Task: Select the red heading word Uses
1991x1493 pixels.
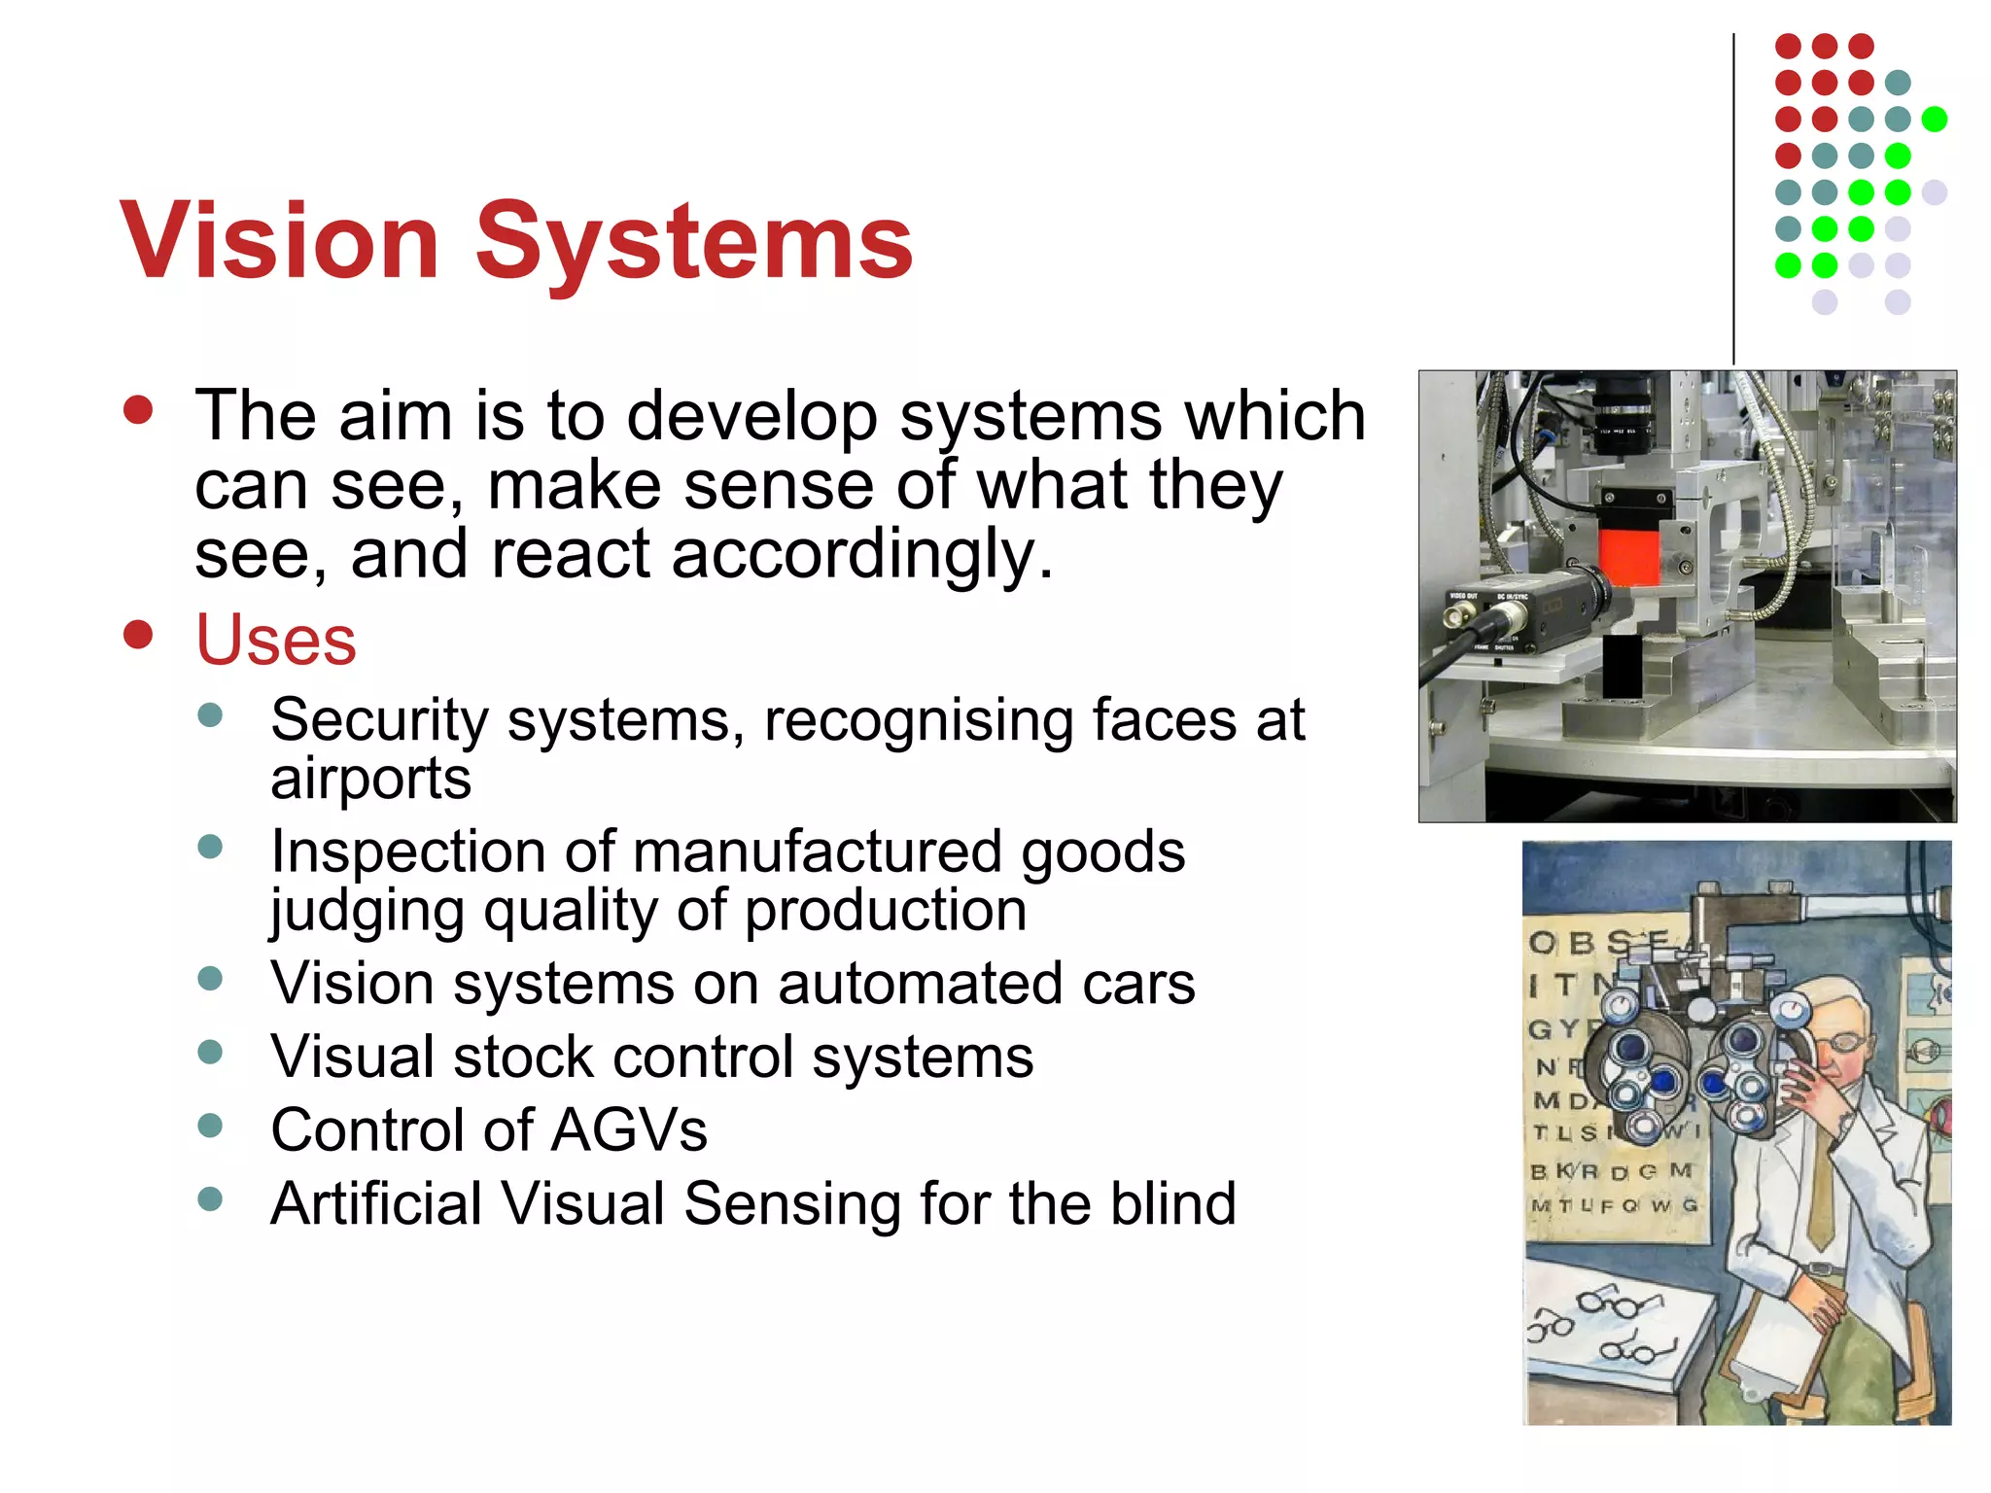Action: click(276, 641)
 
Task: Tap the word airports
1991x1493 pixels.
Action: click(370, 780)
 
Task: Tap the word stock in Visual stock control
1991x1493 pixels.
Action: click(523, 1057)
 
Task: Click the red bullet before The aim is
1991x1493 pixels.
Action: click(139, 410)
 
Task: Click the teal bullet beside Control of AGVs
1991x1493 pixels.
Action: click(210, 1126)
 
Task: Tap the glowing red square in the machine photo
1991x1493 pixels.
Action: click(1628, 556)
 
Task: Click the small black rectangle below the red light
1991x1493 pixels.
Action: click(1621, 665)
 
